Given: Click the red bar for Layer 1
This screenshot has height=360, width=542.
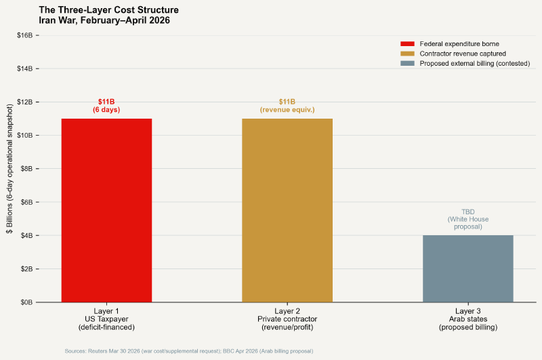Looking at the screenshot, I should tap(106, 210).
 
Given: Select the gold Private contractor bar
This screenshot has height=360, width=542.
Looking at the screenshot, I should tap(287, 210).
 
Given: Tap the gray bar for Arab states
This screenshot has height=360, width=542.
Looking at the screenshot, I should tap(467, 268).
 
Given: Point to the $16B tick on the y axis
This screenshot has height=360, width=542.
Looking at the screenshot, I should tap(26, 35).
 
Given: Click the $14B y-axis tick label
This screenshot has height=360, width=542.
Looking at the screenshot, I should tap(26, 68).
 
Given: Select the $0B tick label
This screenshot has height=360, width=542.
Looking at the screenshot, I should tap(28, 302).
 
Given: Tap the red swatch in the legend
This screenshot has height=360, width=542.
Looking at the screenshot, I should tap(407, 43).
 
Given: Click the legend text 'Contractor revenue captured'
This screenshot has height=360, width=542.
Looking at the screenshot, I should tap(463, 54).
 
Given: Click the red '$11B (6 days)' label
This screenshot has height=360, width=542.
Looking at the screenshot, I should tap(106, 105).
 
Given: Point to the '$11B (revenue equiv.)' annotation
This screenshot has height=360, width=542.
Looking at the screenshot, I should tap(287, 105).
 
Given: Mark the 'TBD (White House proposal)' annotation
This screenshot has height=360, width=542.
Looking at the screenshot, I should tap(467, 219).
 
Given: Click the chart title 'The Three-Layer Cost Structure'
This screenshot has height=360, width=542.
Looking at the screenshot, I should tap(108, 10).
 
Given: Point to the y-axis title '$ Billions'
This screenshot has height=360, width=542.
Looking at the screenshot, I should tap(10, 169).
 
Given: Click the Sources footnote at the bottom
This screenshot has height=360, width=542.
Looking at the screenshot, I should tap(188, 351).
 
